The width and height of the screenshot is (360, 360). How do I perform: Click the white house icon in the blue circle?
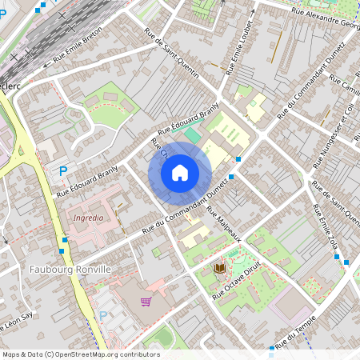tap(180, 173)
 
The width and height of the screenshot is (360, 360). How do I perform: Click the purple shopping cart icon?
tap(146, 302)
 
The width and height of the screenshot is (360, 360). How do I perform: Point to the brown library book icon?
tap(218, 267)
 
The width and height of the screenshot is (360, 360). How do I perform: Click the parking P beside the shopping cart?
tap(102, 316)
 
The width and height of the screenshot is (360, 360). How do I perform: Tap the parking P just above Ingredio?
tap(63, 170)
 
